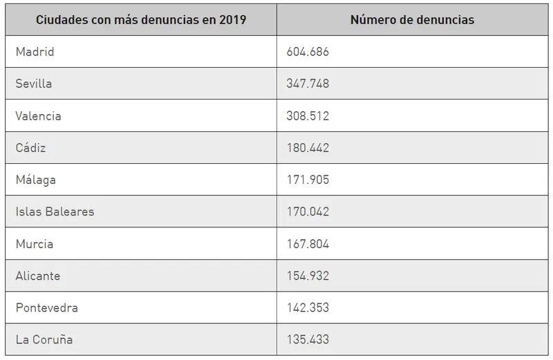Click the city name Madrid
[35, 52]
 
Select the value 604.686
[308, 52]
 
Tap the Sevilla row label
[34, 84]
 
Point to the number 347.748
[308, 84]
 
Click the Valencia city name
[38, 116]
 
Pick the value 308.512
[308, 116]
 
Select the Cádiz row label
[30, 148]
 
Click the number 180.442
[308, 148]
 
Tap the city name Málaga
[35, 180]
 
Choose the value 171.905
[308, 180]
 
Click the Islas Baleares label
[55, 211]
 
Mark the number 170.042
[308, 211]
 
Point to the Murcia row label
[34, 244]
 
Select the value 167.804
[308, 244]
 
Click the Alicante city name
[37, 276]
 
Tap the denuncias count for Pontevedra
[308, 307]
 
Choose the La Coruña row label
[44, 339]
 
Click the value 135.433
[308, 339]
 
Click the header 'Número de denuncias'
[412, 19]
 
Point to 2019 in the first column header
[232, 19]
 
